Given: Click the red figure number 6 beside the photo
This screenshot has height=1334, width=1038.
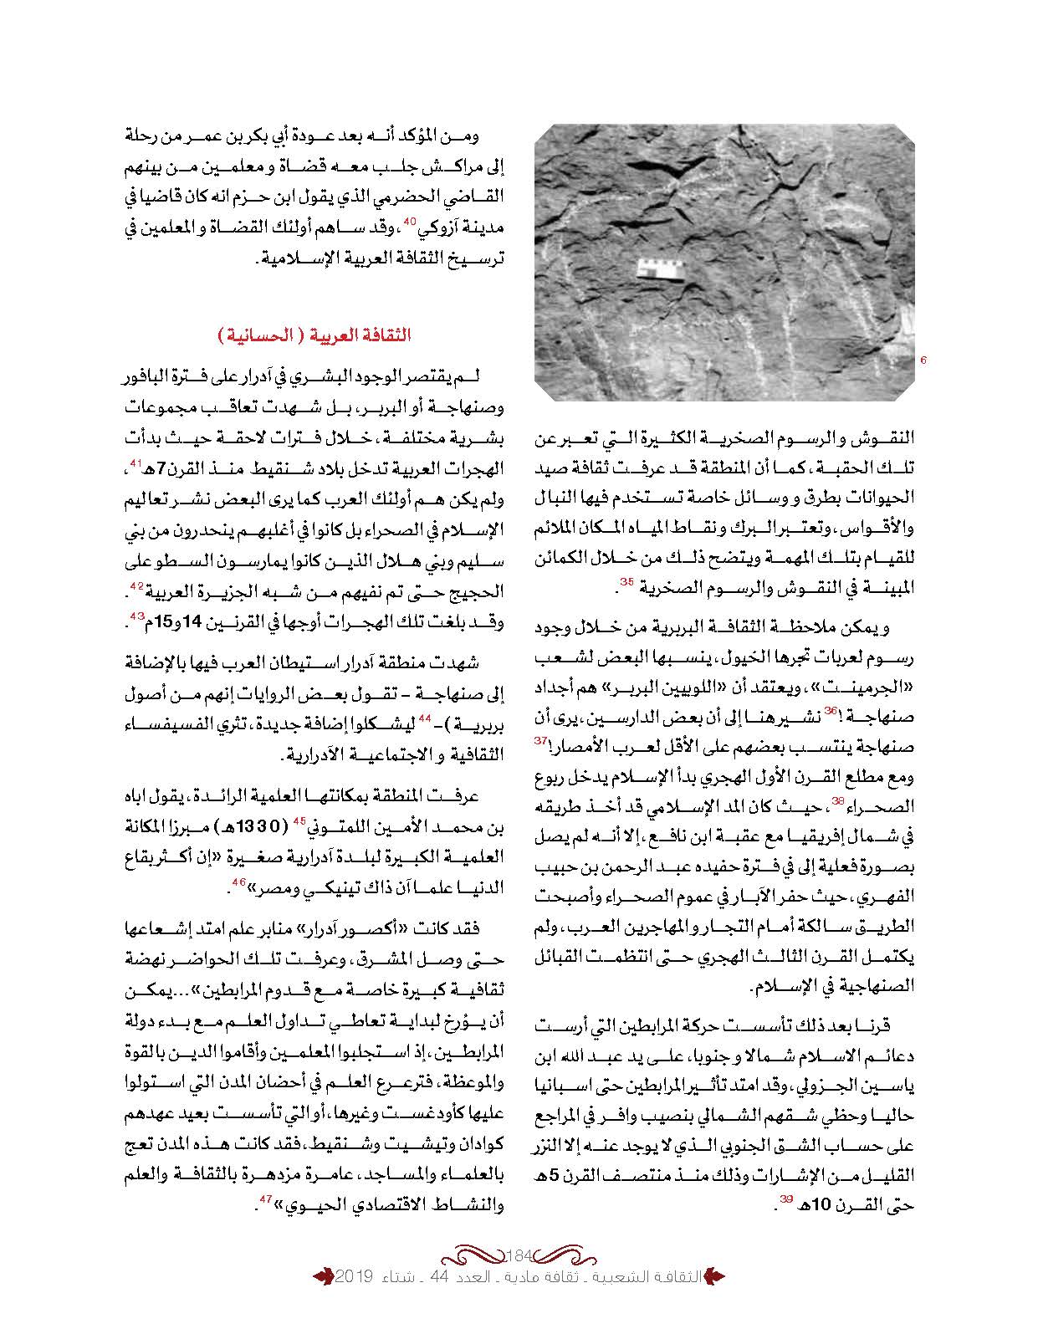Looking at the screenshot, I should (x=923, y=360).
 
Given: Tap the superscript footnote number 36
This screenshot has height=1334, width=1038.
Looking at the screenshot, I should (x=830, y=709).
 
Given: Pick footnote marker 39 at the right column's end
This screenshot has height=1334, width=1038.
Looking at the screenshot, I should (x=786, y=1199).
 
